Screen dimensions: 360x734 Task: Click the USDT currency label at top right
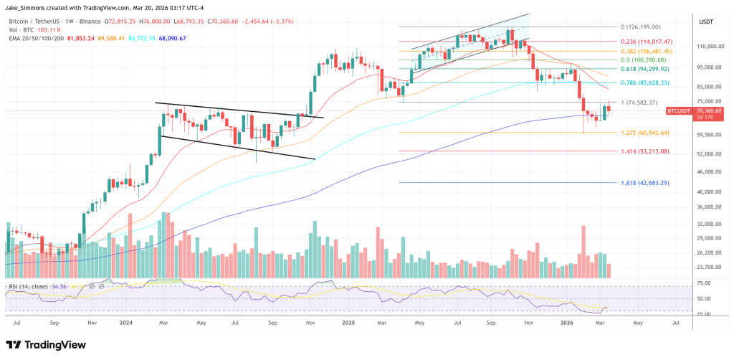coord(705,22)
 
